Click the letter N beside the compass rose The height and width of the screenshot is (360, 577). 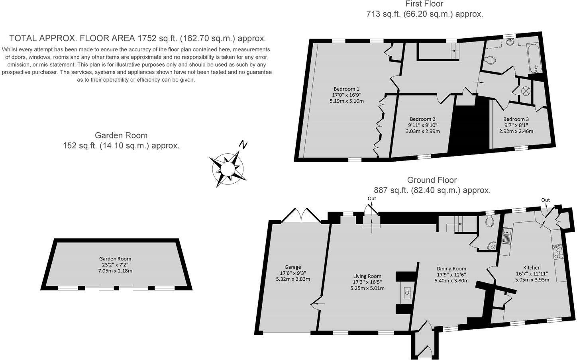click(x=242, y=145)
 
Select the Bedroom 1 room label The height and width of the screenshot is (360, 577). click(x=346, y=89)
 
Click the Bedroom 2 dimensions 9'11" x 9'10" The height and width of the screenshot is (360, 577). click(x=422, y=125)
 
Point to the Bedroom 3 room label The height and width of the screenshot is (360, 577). click(x=516, y=119)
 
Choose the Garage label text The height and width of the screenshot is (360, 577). click(x=292, y=267)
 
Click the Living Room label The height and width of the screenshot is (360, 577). click(x=367, y=276)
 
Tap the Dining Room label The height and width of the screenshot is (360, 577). click(x=451, y=268)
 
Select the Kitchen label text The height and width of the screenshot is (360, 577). click(x=532, y=268)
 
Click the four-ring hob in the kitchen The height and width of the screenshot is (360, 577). click(x=557, y=252)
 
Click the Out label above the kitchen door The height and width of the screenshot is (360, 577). click(x=545, y=200)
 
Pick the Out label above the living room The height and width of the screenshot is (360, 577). click(x=371, y=198)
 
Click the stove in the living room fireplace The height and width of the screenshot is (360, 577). click(x=407, y=293)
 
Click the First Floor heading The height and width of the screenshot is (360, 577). click(x=424, y=4)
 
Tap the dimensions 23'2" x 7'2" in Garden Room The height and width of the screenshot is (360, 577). click(x=115, y=264)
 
